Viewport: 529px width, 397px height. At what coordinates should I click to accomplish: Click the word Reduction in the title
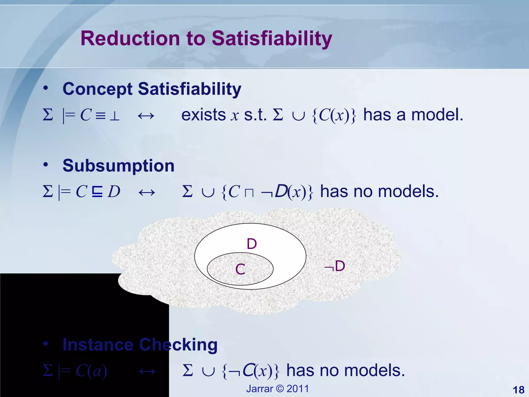tap(130, 38)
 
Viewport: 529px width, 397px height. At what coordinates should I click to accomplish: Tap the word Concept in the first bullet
tap(98, 89)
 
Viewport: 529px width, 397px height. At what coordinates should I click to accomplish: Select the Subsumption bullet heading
tap(119, 165)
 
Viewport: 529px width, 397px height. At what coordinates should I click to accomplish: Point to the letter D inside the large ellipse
tap(252, 244)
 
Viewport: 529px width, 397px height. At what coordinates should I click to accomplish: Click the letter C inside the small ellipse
tap(240, 269)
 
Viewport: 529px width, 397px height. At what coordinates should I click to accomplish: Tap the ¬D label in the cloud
tap(335, 266)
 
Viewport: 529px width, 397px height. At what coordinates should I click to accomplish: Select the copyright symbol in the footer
tap(280, 389)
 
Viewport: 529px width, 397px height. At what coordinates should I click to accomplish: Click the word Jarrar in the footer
tap(259, 389)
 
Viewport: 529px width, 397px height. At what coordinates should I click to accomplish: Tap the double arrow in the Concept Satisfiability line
tap(146, 116)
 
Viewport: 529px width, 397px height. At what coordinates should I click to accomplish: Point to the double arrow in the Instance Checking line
tap(147, 372)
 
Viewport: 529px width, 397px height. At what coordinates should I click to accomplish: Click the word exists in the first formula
tap(204, 115)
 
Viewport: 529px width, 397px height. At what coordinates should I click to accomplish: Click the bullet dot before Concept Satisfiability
tap(46, 88)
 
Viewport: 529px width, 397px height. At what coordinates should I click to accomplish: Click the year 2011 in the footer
tap(298, 389)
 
